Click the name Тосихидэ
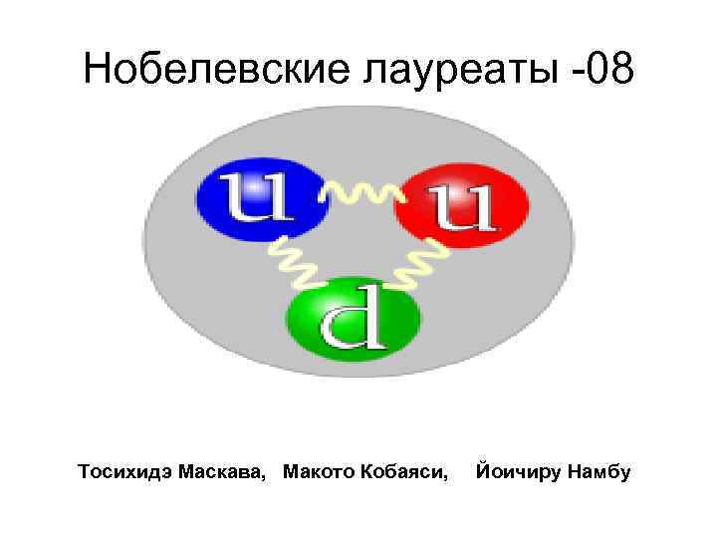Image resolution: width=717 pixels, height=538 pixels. (128, 470)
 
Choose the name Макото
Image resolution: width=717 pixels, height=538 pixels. (320, 470)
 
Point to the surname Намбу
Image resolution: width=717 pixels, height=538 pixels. (597, 470)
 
